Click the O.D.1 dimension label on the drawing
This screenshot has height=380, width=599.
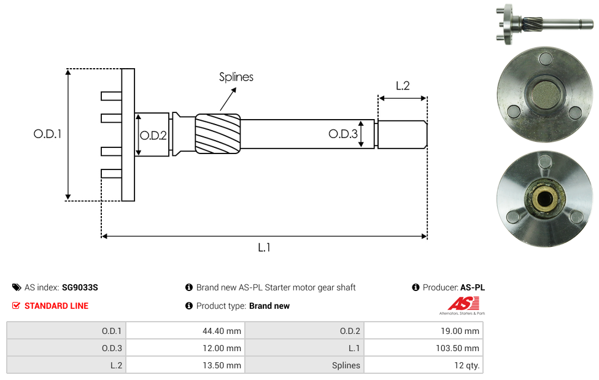click(x=47, y=133)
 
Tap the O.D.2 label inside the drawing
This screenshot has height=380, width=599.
click(x=153, y=136)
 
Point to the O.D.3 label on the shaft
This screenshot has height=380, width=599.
click(x=342, y=134)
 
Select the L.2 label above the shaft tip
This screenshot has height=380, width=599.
click(x=402, y=86)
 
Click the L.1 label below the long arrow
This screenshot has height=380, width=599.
click(x=264, y=247)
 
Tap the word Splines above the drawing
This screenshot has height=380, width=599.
click(x=236, y=77)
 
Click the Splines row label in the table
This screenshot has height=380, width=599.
click(x=346, y=365)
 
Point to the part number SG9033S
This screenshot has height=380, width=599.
click(x=80, y=287)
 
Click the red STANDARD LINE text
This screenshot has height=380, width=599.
click(x=56, y=306)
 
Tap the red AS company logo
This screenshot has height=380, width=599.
click(x=462, y=303)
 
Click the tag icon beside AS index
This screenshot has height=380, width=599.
click(x=17, y=287)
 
